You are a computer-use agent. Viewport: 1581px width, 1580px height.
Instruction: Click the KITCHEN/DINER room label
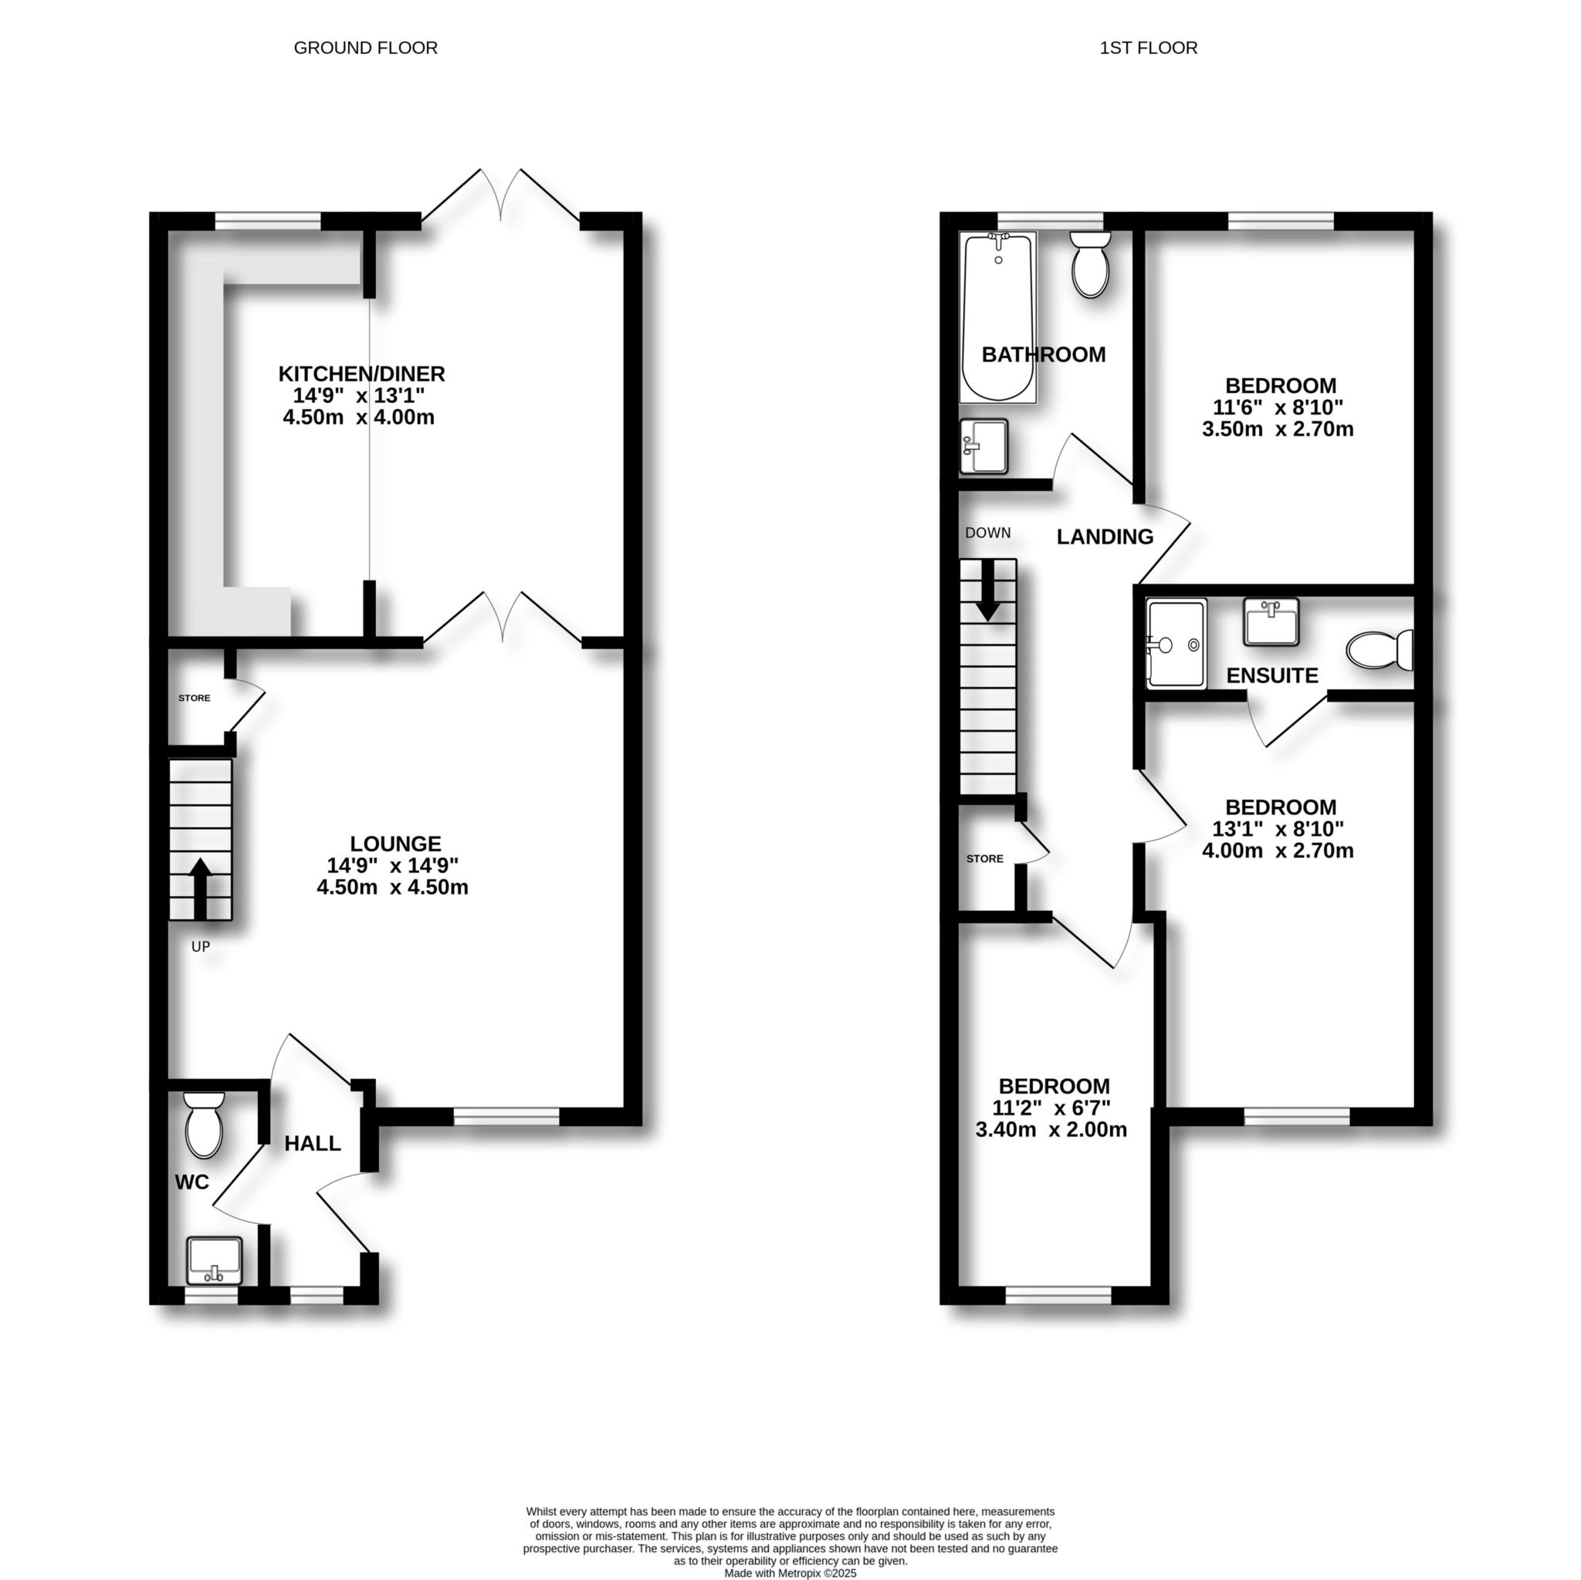(x=362, y=374)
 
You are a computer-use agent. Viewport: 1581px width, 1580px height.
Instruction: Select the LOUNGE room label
(x=395, y=844)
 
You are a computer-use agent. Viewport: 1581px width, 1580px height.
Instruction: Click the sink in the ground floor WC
(x=215, y=1261)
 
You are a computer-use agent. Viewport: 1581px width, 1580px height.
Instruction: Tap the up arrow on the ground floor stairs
(x=201, y=888)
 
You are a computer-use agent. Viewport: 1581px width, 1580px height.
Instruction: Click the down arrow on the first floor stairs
(x=987, y=590)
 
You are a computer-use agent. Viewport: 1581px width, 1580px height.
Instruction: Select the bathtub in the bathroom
(x=997, y=317)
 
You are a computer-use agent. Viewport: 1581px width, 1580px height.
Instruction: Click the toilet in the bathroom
(x=1090, y=263)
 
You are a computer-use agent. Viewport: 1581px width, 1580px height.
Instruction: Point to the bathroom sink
(x=983, y=446)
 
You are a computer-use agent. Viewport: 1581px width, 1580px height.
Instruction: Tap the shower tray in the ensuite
(x=1176, y=644)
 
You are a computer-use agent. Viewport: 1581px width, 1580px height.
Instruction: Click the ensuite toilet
(x=1380, y=650)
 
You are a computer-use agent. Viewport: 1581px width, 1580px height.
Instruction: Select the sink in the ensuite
(x=1270, y=622)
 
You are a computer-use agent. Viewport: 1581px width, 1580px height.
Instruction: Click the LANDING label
(x=1105, y=536)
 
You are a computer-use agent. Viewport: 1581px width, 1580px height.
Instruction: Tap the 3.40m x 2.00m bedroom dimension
(x=1051, y=1130)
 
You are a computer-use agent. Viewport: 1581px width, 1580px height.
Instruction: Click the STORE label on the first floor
(x=984, y=859)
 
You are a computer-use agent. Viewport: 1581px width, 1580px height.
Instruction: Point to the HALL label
(x=313, y=1144)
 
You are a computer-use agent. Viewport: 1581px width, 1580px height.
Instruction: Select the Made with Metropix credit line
(x=790, y=1572)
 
